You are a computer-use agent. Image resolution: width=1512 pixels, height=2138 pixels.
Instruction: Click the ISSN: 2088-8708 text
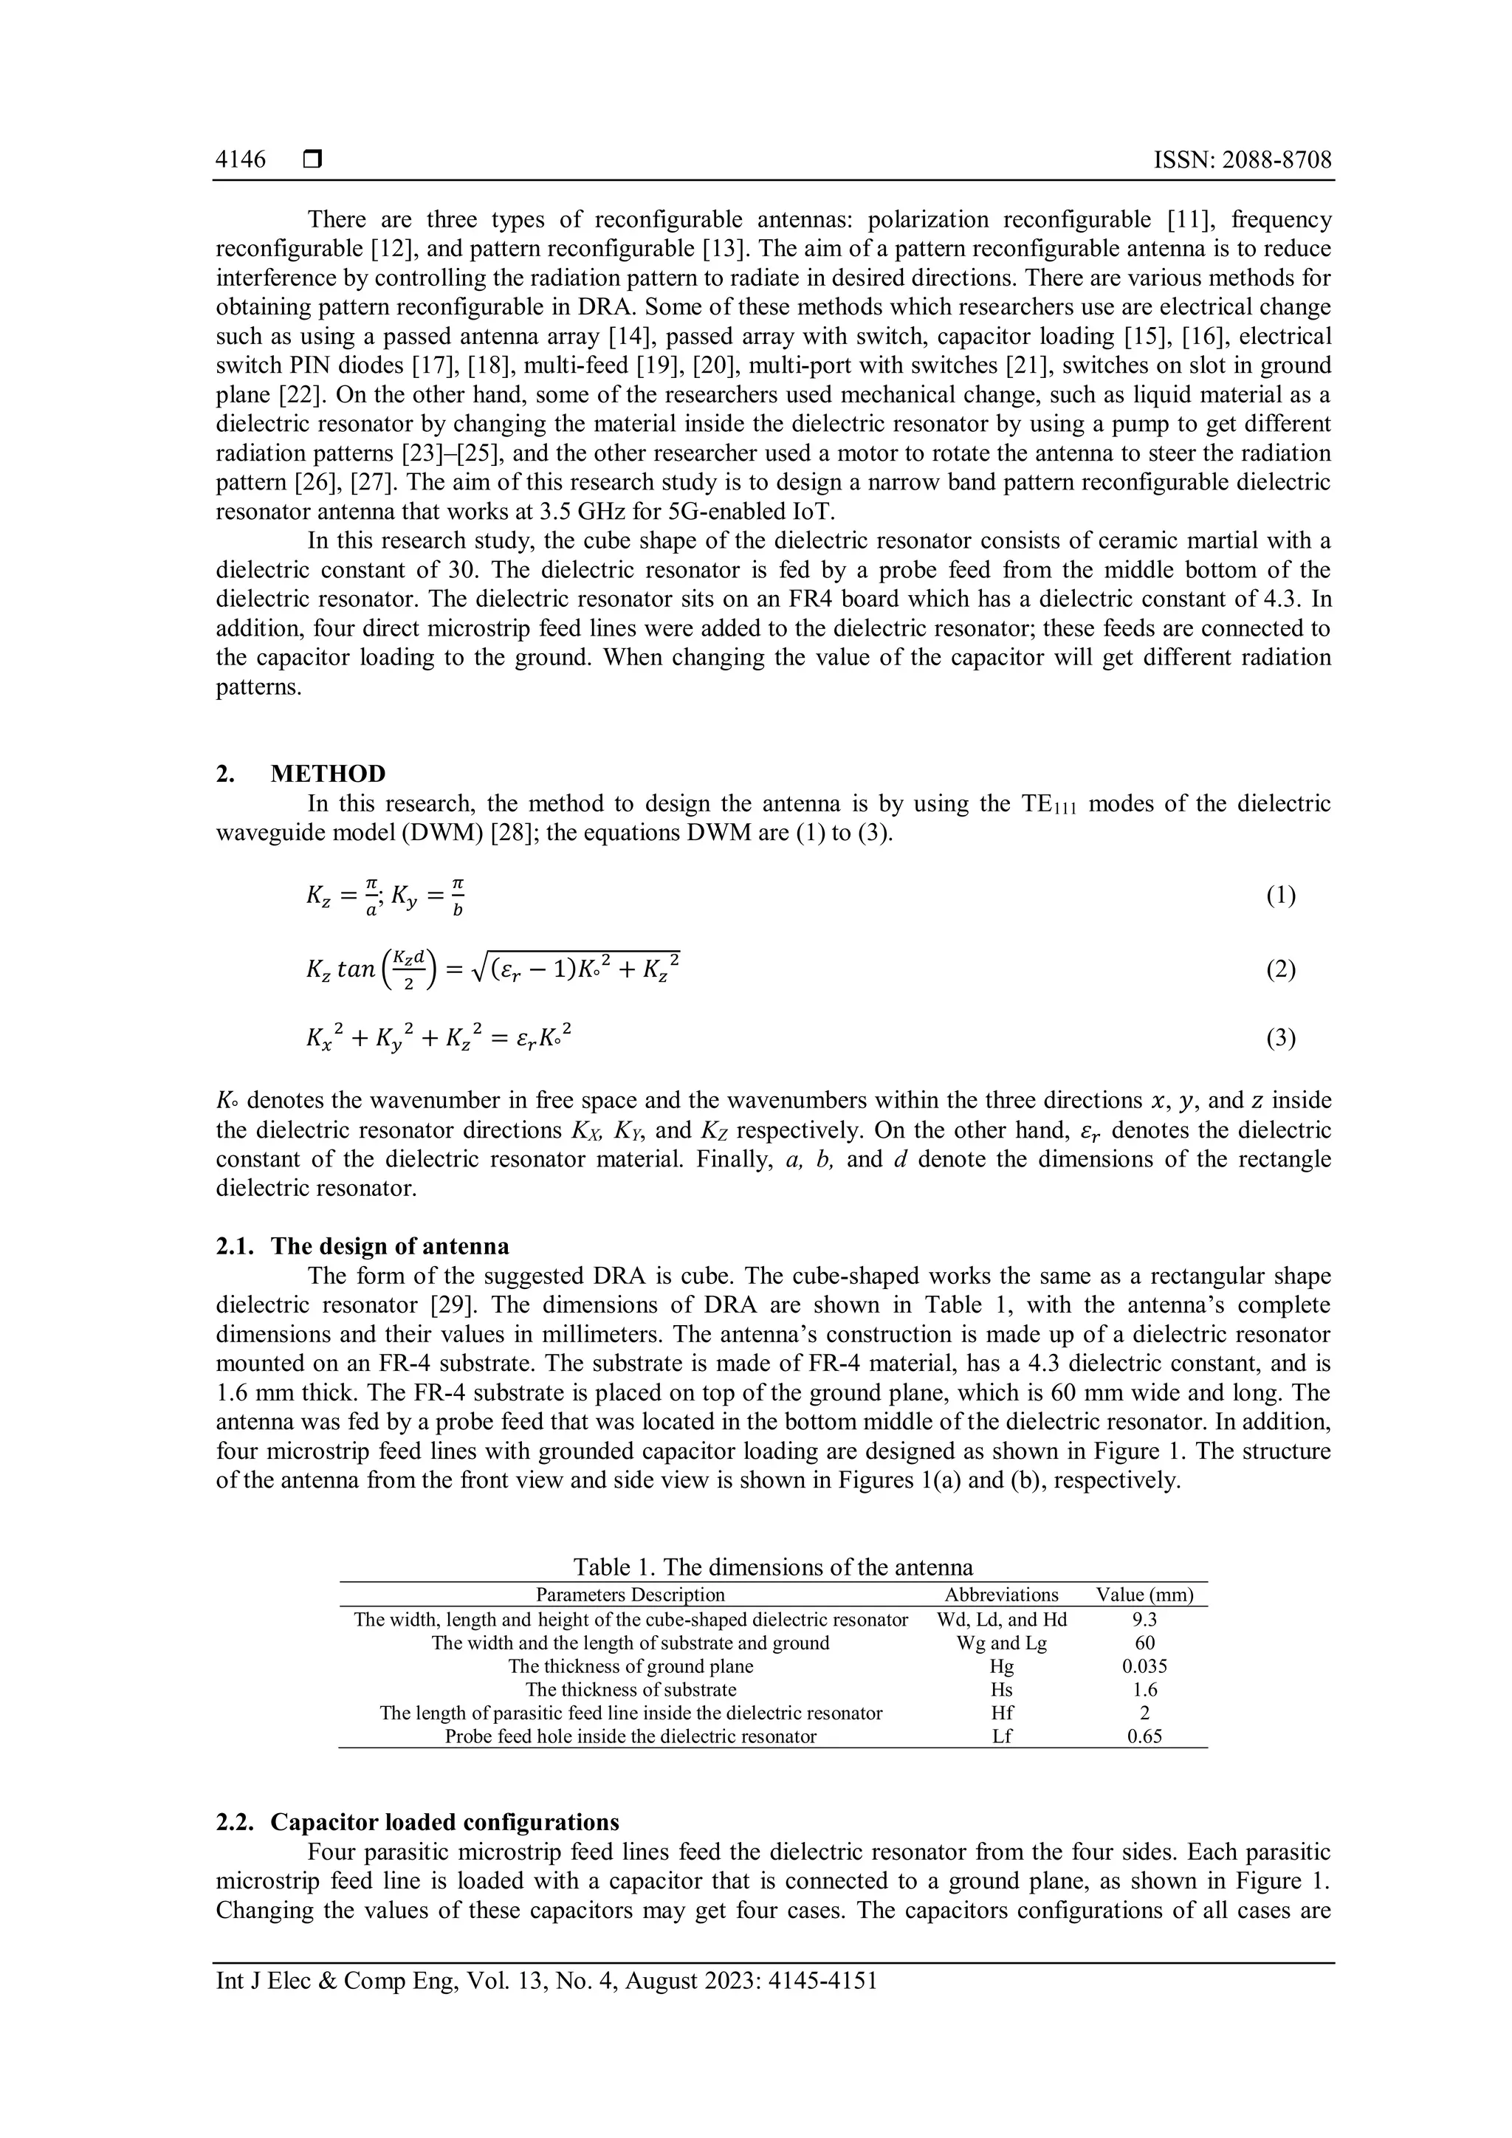(x=1242, y=160)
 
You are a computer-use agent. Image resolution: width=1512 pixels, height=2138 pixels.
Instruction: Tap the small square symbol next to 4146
(x=312, y=160)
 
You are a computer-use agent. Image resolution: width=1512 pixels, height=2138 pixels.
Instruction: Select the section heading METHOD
(x=328, y=774)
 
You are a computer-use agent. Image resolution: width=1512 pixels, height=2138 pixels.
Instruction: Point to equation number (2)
(x=1280, y=970)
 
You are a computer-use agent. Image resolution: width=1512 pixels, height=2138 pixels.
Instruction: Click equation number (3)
(x=1280, y=1037)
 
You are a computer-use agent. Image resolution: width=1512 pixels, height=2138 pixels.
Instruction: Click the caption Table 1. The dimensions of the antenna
(x=773, y=1567)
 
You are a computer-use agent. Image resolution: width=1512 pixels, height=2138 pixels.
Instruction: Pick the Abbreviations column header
(x=1001, y=1594)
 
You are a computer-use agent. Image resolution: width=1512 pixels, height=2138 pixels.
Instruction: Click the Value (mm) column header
(x=1144, y=1594)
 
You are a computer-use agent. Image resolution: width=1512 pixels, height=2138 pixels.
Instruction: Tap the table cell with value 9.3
(x=1144, y=1619)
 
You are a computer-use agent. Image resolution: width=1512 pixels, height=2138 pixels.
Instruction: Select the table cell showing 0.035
(x=1144, y=1666)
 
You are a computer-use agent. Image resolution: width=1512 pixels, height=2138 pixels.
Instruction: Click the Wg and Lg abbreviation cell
(x=1001, y=1643)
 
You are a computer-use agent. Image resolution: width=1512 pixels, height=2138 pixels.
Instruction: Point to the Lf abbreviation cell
(x=1001, y=1736)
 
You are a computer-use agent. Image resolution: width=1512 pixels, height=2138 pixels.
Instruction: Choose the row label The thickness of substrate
(x=630, y=1689)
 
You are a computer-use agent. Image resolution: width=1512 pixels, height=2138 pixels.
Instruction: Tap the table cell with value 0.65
(x=1144, y=1736)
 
